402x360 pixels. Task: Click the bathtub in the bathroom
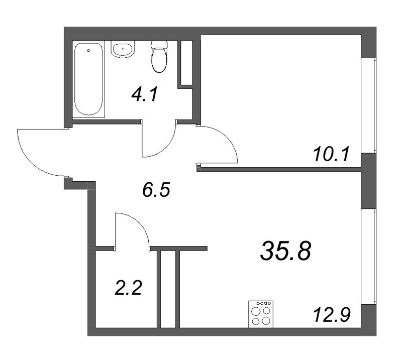tap(88, 80)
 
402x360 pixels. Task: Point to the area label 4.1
tap(146, 94)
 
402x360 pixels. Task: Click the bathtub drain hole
tap(88, 51)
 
